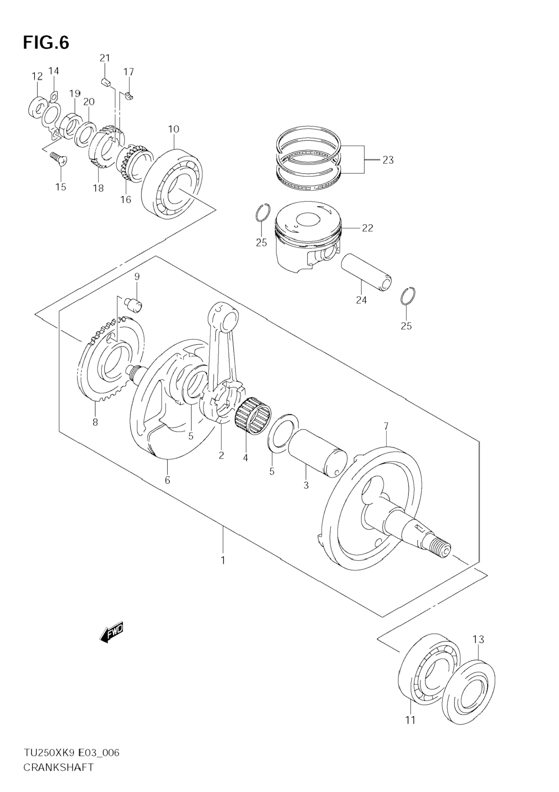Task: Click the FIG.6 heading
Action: pyautogui.click(x=46, y=43)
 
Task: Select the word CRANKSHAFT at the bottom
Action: pyautogui.click(x=58, y=775)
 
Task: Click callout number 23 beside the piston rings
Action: pyautogui.click(x=388, y=160)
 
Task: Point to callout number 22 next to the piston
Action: pyautogui.click(x=368, y=228)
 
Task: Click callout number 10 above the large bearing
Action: pyautogui.click(x=174, y=129)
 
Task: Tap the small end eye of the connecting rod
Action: pyautogui.click(x=223, y=314)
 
